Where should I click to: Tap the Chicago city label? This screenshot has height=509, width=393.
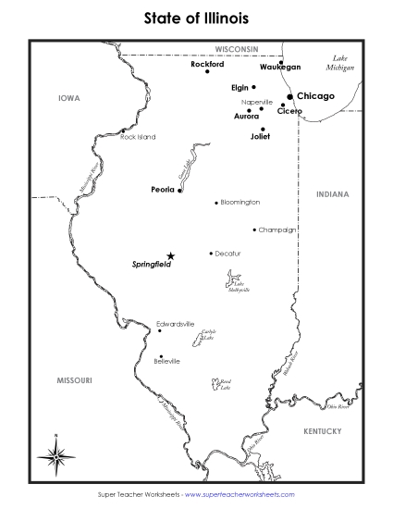pyautogui.click(x=315, y=95)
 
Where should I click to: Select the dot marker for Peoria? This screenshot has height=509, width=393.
pyautogui.click(x=179, y=191)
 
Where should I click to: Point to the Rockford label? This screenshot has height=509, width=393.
pyautogui.click(x=207, y=64)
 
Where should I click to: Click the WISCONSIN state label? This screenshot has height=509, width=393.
pyautogui.click(x=237, y=48)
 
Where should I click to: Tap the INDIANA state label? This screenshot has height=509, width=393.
pyautogui.click(x=333, y=194)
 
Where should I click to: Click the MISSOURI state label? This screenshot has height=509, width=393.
pyautogui.click(x=74, y=379)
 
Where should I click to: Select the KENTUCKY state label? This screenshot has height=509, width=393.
pyautogui.click(x=323, y=431)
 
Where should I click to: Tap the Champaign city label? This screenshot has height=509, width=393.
pyautogui.click(x=277, y=230)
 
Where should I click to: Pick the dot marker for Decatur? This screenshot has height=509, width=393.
pyautogui.click(x=211, y=253)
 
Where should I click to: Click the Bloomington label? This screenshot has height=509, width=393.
pyautogui.click(x=240, y=202)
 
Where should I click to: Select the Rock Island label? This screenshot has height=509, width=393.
pyautogui.click(x=138, y=137)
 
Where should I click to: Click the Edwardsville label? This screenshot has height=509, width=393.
pyautogui.click(x=175, y=324)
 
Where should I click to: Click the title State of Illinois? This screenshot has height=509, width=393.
pyautogui.click(x=196, y=18)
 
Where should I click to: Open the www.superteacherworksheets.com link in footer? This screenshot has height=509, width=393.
pyautogui.click(x=239, y=495)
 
